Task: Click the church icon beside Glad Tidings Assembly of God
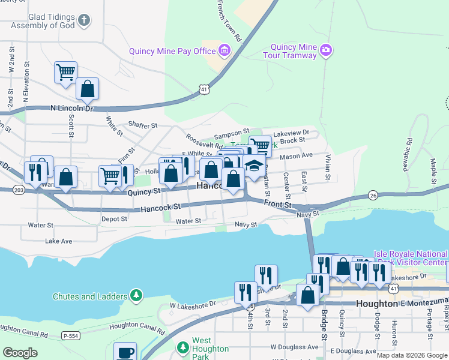85,20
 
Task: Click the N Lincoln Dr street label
72,108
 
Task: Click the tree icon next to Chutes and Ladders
137,296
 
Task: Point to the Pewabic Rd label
409,154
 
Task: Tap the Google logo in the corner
20,352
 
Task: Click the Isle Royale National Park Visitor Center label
411,258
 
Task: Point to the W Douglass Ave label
294,347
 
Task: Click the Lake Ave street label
58,241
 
